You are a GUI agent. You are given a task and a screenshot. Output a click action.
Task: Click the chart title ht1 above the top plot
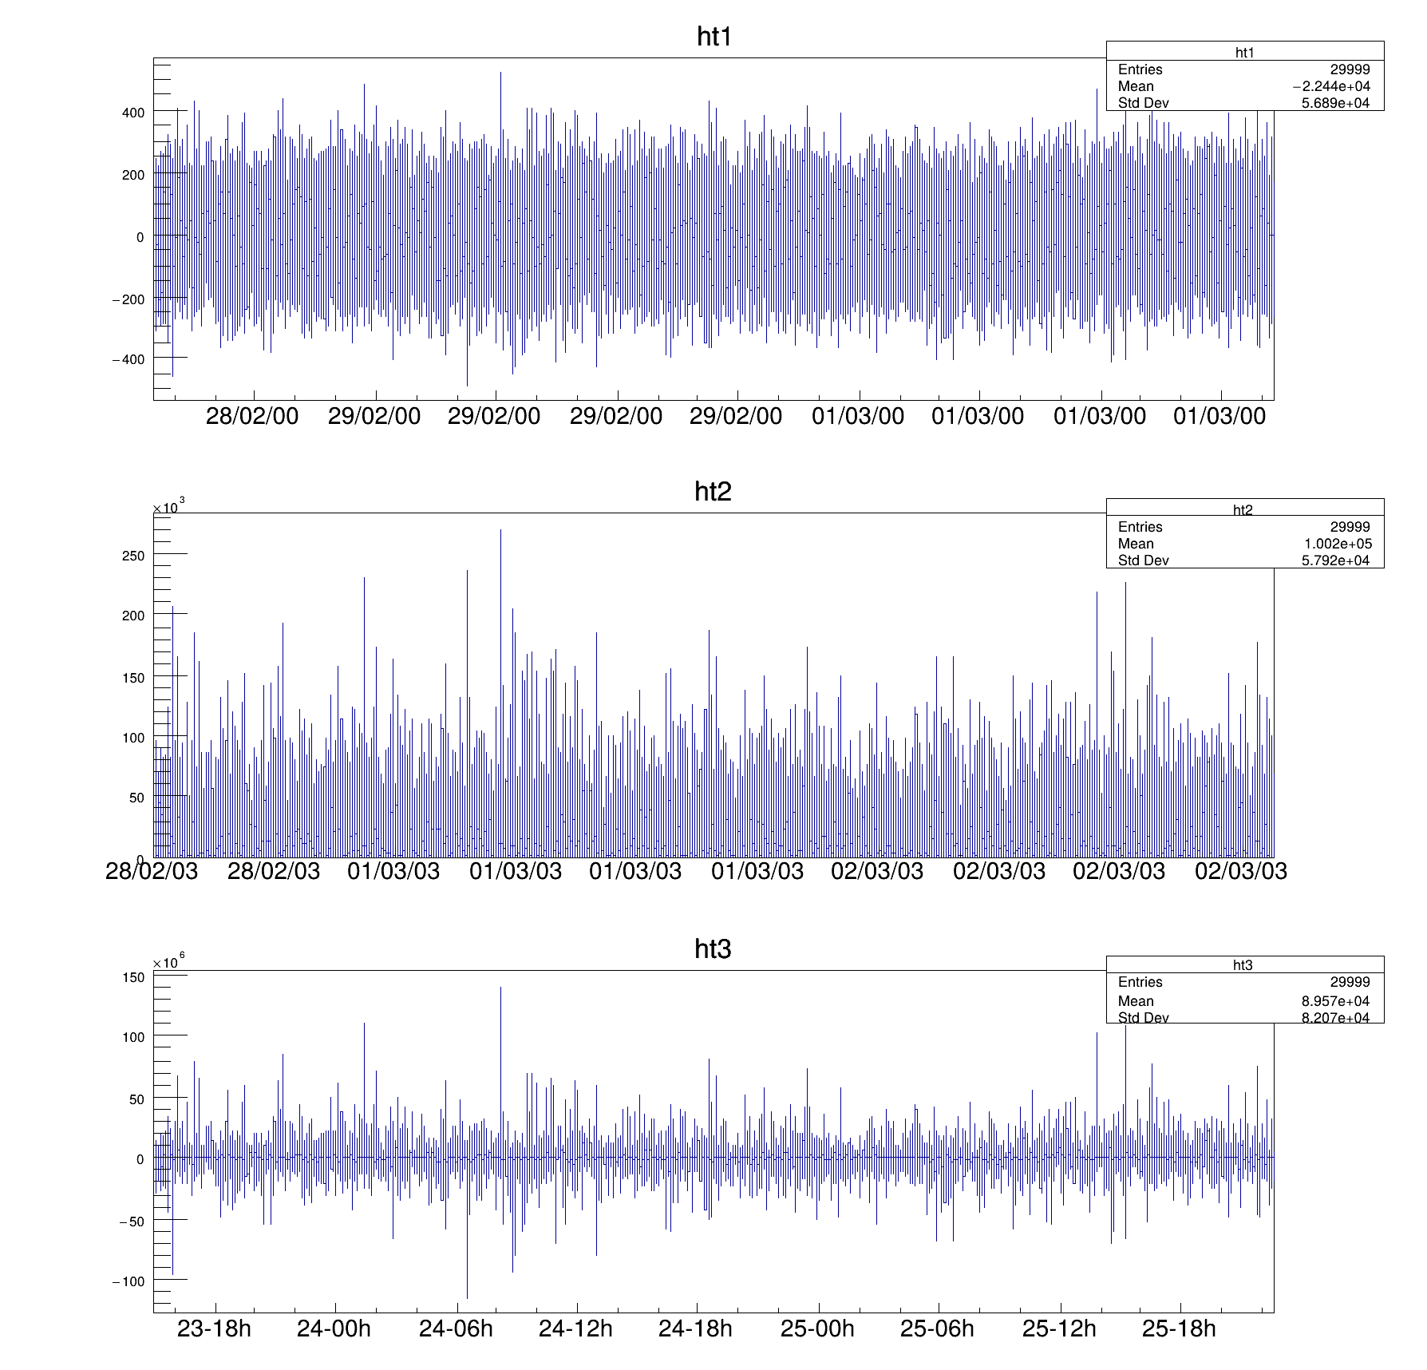[714, 38]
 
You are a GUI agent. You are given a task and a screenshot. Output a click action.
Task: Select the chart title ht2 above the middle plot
[713, 493]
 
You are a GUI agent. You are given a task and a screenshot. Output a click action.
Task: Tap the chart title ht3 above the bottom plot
[713, 949]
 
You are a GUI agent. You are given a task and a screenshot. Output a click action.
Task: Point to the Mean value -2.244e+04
[1331, 87]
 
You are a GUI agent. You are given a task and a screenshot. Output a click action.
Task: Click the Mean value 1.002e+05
[1337, 544]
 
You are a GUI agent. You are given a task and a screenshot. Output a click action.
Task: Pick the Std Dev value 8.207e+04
[1335, 1018]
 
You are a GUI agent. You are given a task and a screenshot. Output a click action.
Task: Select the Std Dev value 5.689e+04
[1335, 103]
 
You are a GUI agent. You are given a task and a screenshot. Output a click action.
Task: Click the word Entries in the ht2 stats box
[1140, 527]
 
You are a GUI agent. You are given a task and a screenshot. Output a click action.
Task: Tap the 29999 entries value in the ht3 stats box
[1350, 983]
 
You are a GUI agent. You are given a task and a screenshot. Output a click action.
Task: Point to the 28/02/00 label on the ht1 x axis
[252, 417]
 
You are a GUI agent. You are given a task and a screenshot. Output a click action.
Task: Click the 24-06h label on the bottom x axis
[456, 1328]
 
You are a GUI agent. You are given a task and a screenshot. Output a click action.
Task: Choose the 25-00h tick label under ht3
[817, 1328]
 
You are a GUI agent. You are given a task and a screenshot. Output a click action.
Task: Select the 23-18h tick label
[214, 1328]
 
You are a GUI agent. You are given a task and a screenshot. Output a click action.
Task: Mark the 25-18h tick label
[1179, 1328]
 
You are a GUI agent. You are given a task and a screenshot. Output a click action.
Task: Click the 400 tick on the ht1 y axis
[133, 113]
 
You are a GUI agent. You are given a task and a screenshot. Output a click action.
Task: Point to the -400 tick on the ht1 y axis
[128, 360]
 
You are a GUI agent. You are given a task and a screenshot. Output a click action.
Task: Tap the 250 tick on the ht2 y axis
[133, 556]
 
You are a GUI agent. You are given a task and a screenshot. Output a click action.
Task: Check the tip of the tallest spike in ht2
[500, 530]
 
